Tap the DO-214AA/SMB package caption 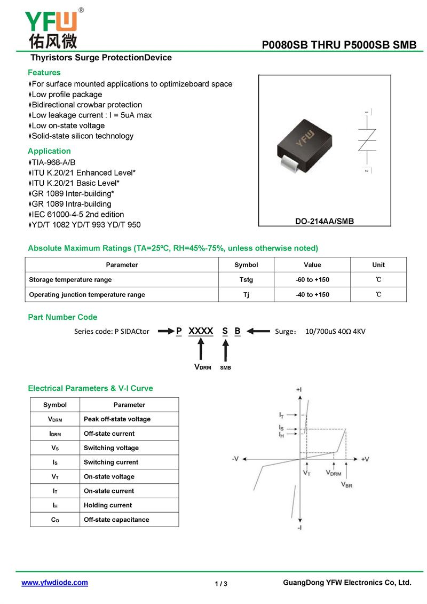coord(325,221)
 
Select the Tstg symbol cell coord(246,280)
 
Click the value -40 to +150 coord(312,295)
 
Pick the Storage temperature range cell coord(70,280)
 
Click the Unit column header coord(378,265)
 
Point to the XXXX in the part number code coord(201,331)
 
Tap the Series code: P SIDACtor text coord(111,331)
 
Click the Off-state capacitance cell coord(116,520)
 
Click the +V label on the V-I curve coord(365,459)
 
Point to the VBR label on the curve coord(346,484)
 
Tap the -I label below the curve coord(299,528)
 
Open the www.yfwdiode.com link coord(54,583)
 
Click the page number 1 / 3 coord(221,584)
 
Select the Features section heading coord(44,73)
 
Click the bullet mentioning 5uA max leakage coord(91,115)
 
